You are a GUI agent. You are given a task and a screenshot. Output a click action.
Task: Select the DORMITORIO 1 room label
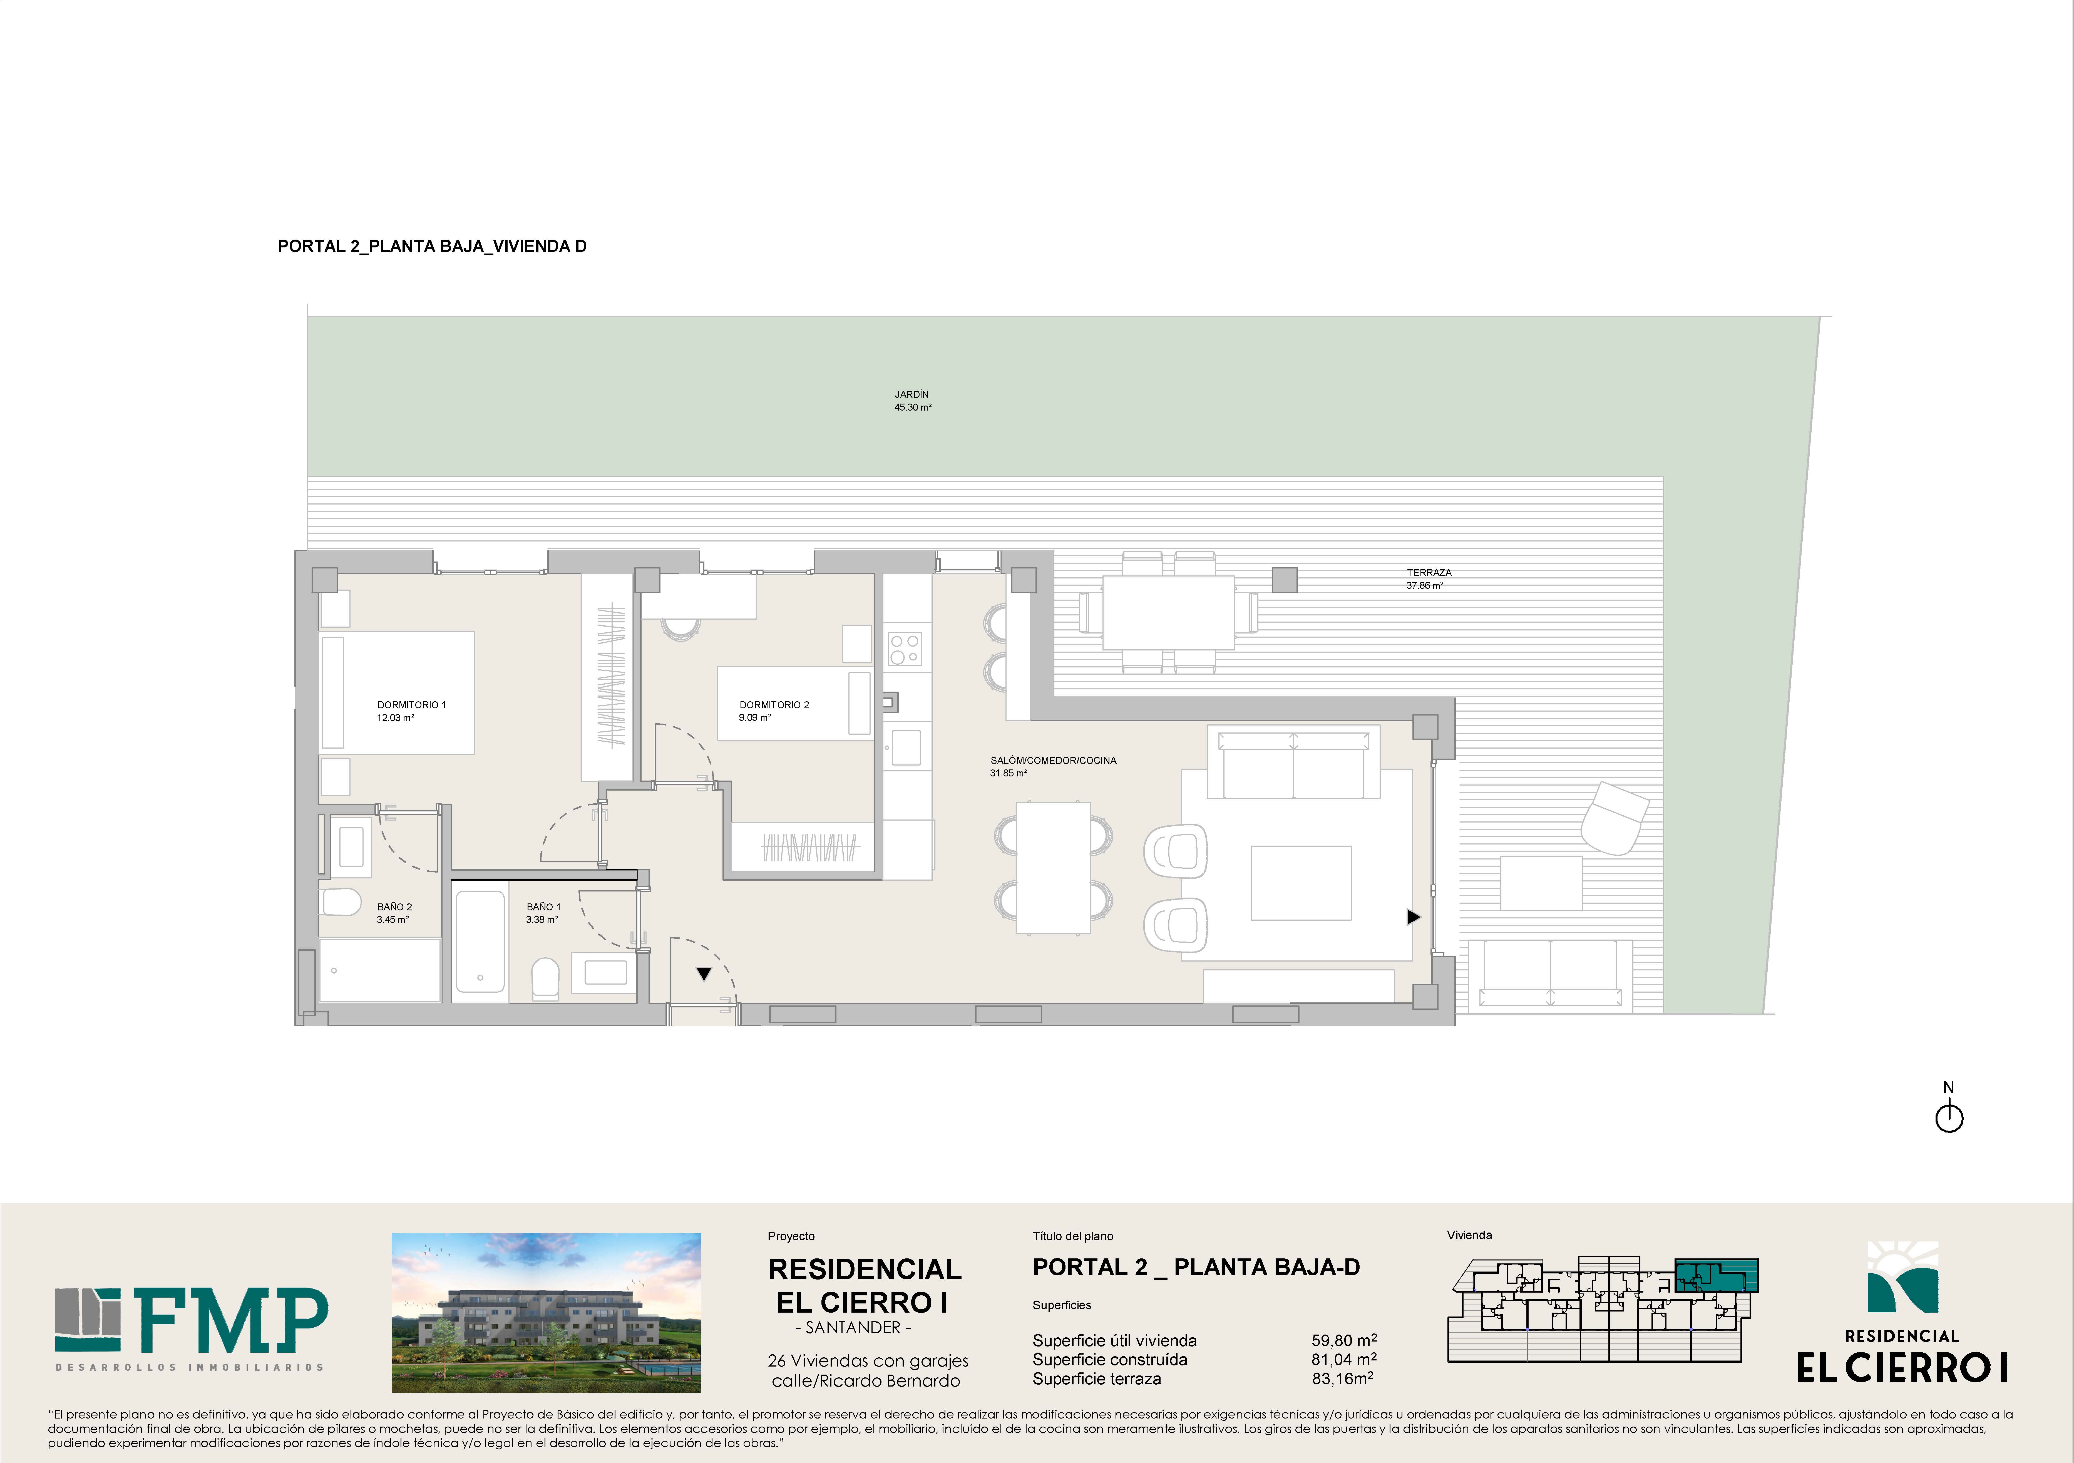[x=411, y=711]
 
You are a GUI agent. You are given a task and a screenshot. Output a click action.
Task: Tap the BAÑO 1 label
[x=543, y=913]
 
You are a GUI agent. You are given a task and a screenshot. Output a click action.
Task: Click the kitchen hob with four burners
[x=904, y=649]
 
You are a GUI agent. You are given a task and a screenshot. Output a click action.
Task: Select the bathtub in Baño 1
[x=480, y=941]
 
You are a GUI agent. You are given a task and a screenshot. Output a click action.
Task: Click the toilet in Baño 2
[x=341, y=901]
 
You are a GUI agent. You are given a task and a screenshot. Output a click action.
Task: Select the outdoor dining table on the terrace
[x=1169, y=612]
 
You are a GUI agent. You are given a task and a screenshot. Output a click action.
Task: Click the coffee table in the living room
[x=1301, y=882]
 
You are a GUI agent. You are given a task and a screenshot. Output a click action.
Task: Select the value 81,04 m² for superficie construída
[x=1344, y=1359]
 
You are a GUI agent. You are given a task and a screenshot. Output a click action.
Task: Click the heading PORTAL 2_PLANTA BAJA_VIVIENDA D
[x=432, y=246]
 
